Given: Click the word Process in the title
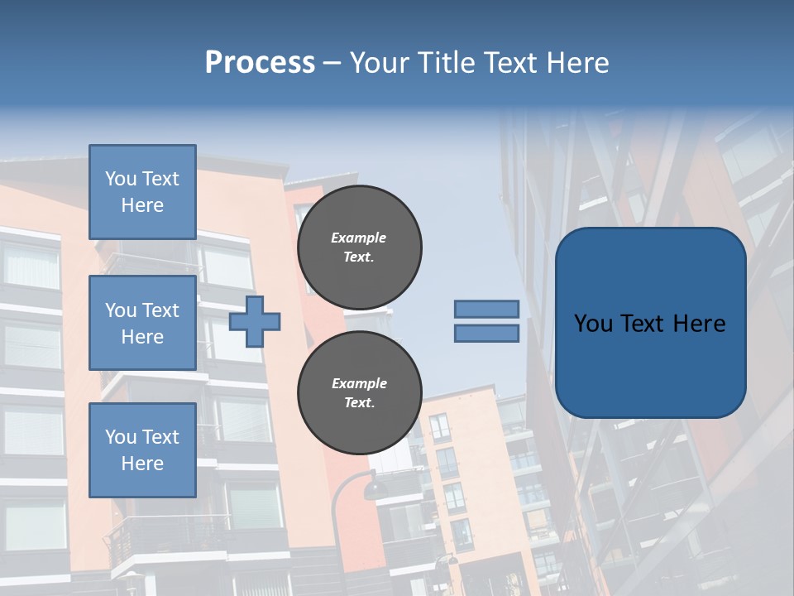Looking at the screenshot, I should click(260, 62).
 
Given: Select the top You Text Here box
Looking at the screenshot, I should click(142, 192).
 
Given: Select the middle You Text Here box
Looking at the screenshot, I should click(142, 323).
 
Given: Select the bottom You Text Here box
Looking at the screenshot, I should click(142, 450).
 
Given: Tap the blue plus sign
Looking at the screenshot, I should click(255, 321).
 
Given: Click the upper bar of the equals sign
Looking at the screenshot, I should click(486, 309).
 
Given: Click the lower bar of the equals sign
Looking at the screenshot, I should click(486, 333).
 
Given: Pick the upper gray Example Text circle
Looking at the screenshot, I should click(359, 247).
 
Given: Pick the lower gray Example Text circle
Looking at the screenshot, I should click(359, 392).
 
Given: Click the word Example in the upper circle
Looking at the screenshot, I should click(358, 238).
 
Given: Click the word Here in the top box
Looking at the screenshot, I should click(142, 205).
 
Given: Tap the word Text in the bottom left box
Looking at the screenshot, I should click(160, 436).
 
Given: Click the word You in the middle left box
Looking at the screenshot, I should click(121, 310).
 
